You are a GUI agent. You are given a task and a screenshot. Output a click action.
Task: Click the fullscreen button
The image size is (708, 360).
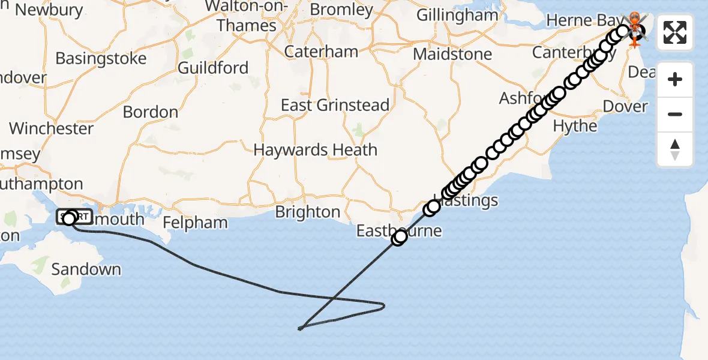675,32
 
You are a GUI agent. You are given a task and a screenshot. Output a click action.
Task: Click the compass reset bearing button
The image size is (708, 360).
675,149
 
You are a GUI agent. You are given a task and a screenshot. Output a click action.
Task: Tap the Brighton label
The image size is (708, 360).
308,212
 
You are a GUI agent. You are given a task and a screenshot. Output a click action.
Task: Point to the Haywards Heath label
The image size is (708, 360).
315,149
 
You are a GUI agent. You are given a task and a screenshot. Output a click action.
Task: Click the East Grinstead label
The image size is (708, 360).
335,105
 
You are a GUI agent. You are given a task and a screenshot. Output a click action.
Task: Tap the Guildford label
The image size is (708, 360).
213,68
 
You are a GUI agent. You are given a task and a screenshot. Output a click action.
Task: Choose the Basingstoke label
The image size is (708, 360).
101,58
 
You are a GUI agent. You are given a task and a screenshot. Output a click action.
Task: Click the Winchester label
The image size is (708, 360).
51,128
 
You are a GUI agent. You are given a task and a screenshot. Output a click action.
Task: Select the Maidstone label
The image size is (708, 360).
452,54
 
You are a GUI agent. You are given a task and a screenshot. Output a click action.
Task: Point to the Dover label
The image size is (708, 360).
625,107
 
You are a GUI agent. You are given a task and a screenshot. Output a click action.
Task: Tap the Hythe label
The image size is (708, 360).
575,126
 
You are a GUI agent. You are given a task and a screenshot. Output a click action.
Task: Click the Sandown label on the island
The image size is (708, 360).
86,269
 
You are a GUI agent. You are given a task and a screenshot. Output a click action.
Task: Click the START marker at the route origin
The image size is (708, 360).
74,217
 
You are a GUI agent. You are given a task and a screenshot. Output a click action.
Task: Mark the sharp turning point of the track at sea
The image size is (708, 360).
300,328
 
